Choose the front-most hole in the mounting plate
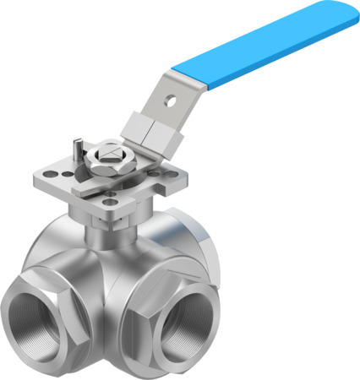click(109, 199)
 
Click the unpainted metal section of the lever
click(169, 106)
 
